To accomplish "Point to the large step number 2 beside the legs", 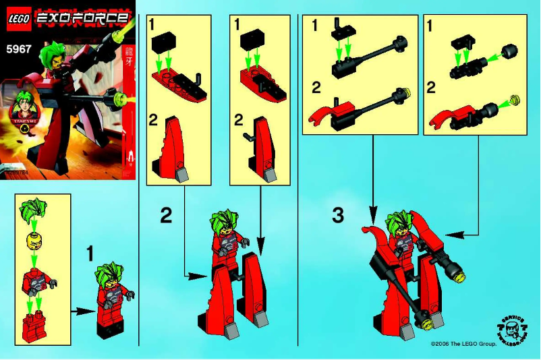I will [x=166, y=215].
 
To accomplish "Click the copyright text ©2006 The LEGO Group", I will [x=463, y=344].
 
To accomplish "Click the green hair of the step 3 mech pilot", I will [x=399, y=220].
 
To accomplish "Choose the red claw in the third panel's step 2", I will [x=320, y=113].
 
